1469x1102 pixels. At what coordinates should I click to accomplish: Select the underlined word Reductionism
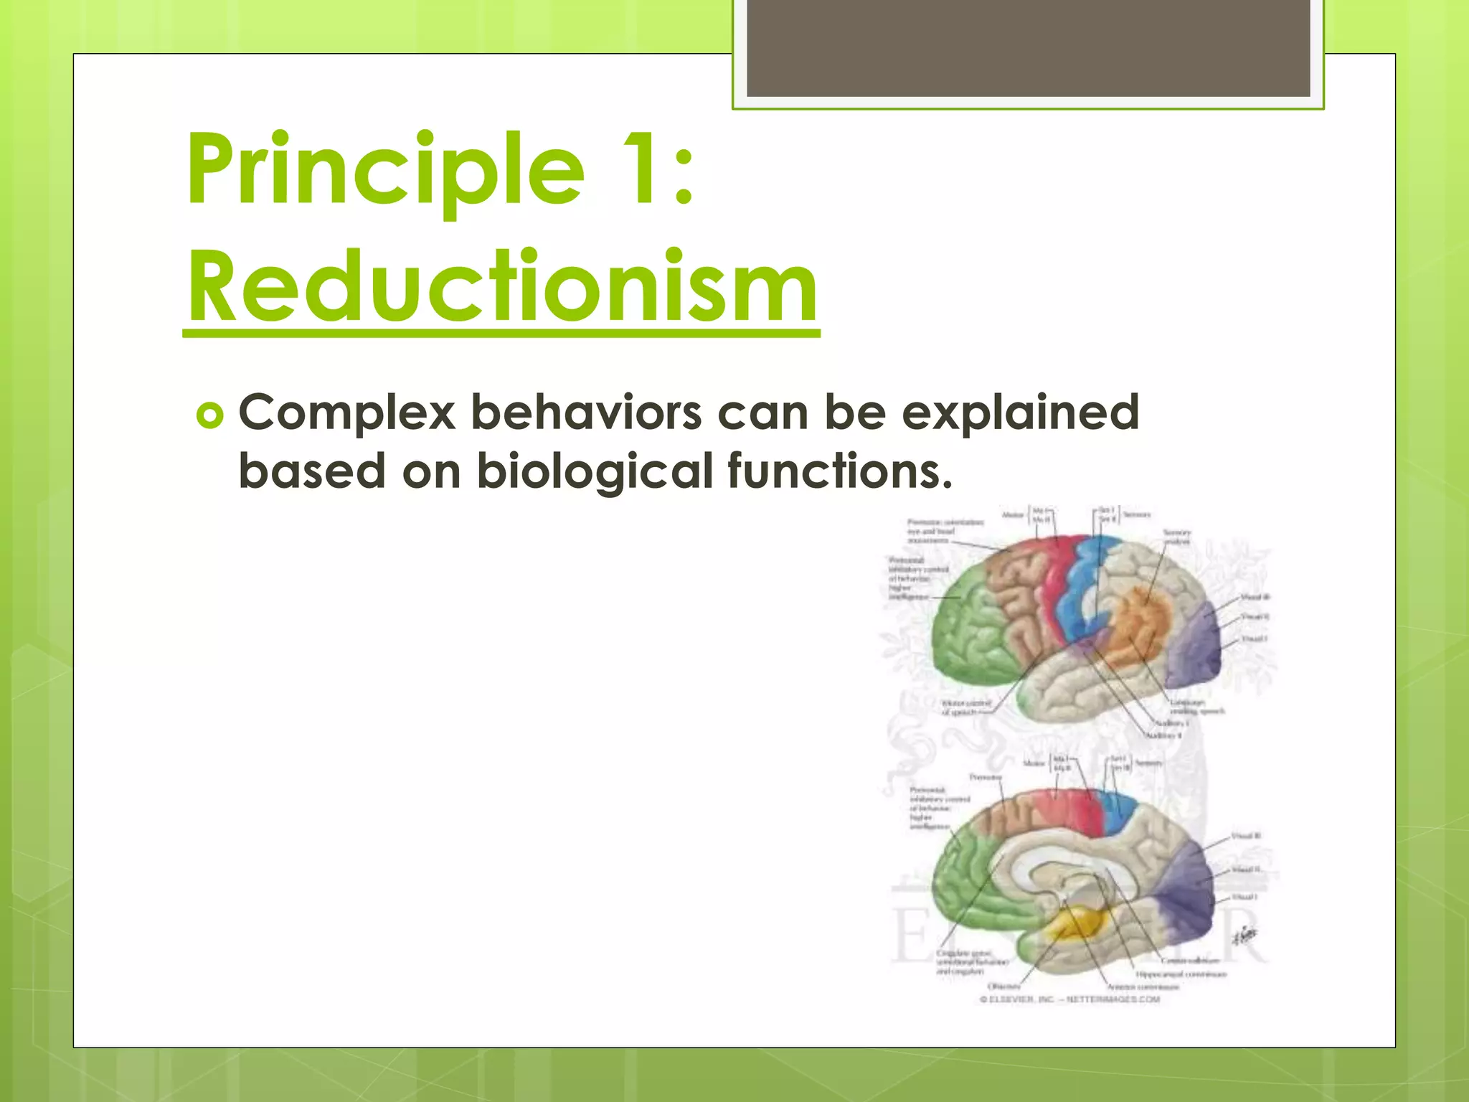click(502, 287)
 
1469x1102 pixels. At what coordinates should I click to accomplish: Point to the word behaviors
click(586, 414)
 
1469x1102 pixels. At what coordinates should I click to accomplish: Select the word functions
click(839, 471)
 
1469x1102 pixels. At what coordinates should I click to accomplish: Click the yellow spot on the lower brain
click(1076, 926)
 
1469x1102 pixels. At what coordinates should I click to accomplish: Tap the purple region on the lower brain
click(1184, 897)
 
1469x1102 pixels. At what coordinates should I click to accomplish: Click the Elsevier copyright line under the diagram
click(1069, 999)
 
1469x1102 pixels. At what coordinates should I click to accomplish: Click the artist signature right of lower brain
click(1244, 936)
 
